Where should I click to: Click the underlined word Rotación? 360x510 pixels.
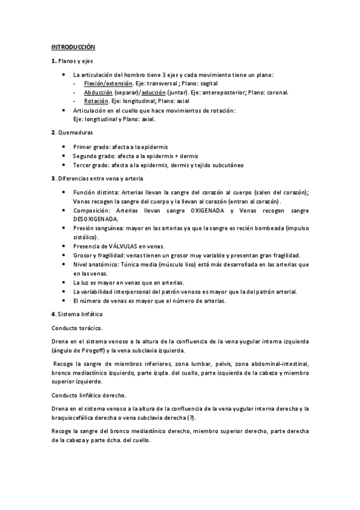[95, 102]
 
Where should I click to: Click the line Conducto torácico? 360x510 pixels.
[77, 328]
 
